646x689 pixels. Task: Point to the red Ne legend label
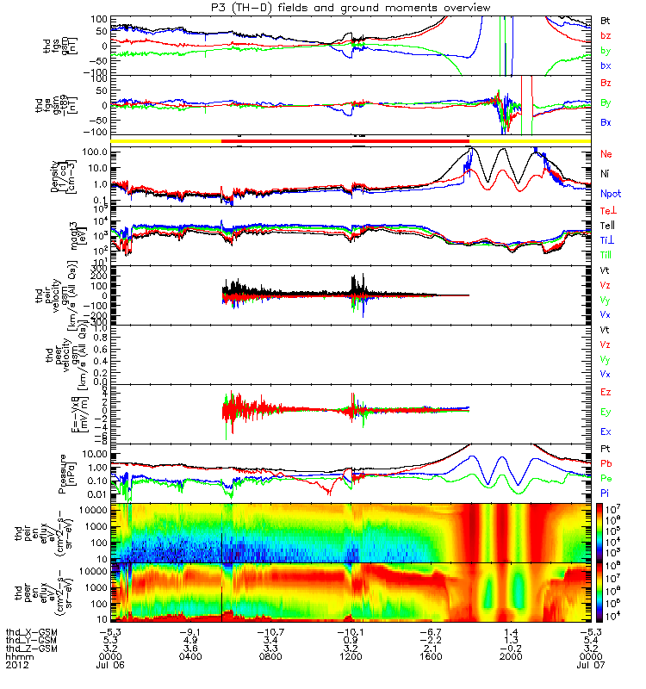[x=606, y=153]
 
